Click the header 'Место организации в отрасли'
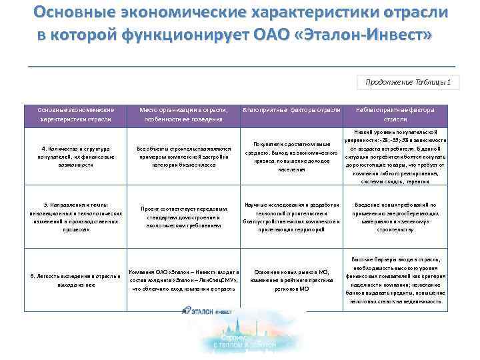(183, 114)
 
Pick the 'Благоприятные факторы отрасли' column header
(292, 109)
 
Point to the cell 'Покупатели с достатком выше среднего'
(292, 156)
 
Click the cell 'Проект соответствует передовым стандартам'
(183, 217)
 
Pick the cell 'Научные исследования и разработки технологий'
(292, 217)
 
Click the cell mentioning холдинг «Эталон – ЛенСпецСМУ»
(183, 280)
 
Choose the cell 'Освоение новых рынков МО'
(292, 280)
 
